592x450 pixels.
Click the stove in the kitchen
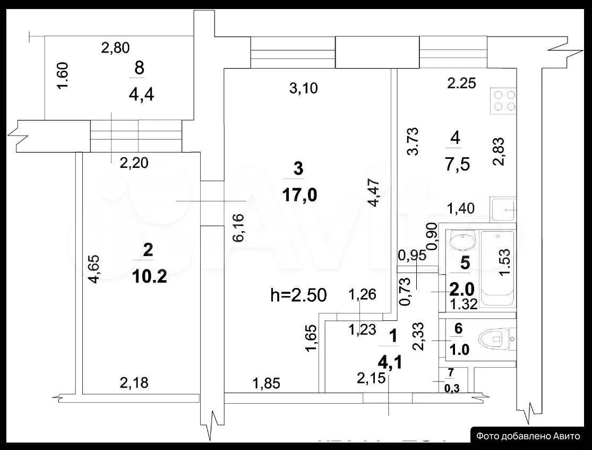503,100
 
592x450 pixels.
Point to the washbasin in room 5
463,241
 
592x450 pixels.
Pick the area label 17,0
299,196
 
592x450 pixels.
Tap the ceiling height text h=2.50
298,295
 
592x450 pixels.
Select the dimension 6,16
239,228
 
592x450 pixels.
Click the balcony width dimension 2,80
116,48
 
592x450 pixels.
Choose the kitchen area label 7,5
458,165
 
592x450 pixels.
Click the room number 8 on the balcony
139,69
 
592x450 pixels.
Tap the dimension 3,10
304,88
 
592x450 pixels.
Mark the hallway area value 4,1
390,363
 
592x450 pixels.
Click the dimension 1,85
267,384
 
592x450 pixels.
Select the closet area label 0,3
452,388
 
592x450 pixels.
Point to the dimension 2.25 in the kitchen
462,83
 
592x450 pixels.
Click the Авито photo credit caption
528,436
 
